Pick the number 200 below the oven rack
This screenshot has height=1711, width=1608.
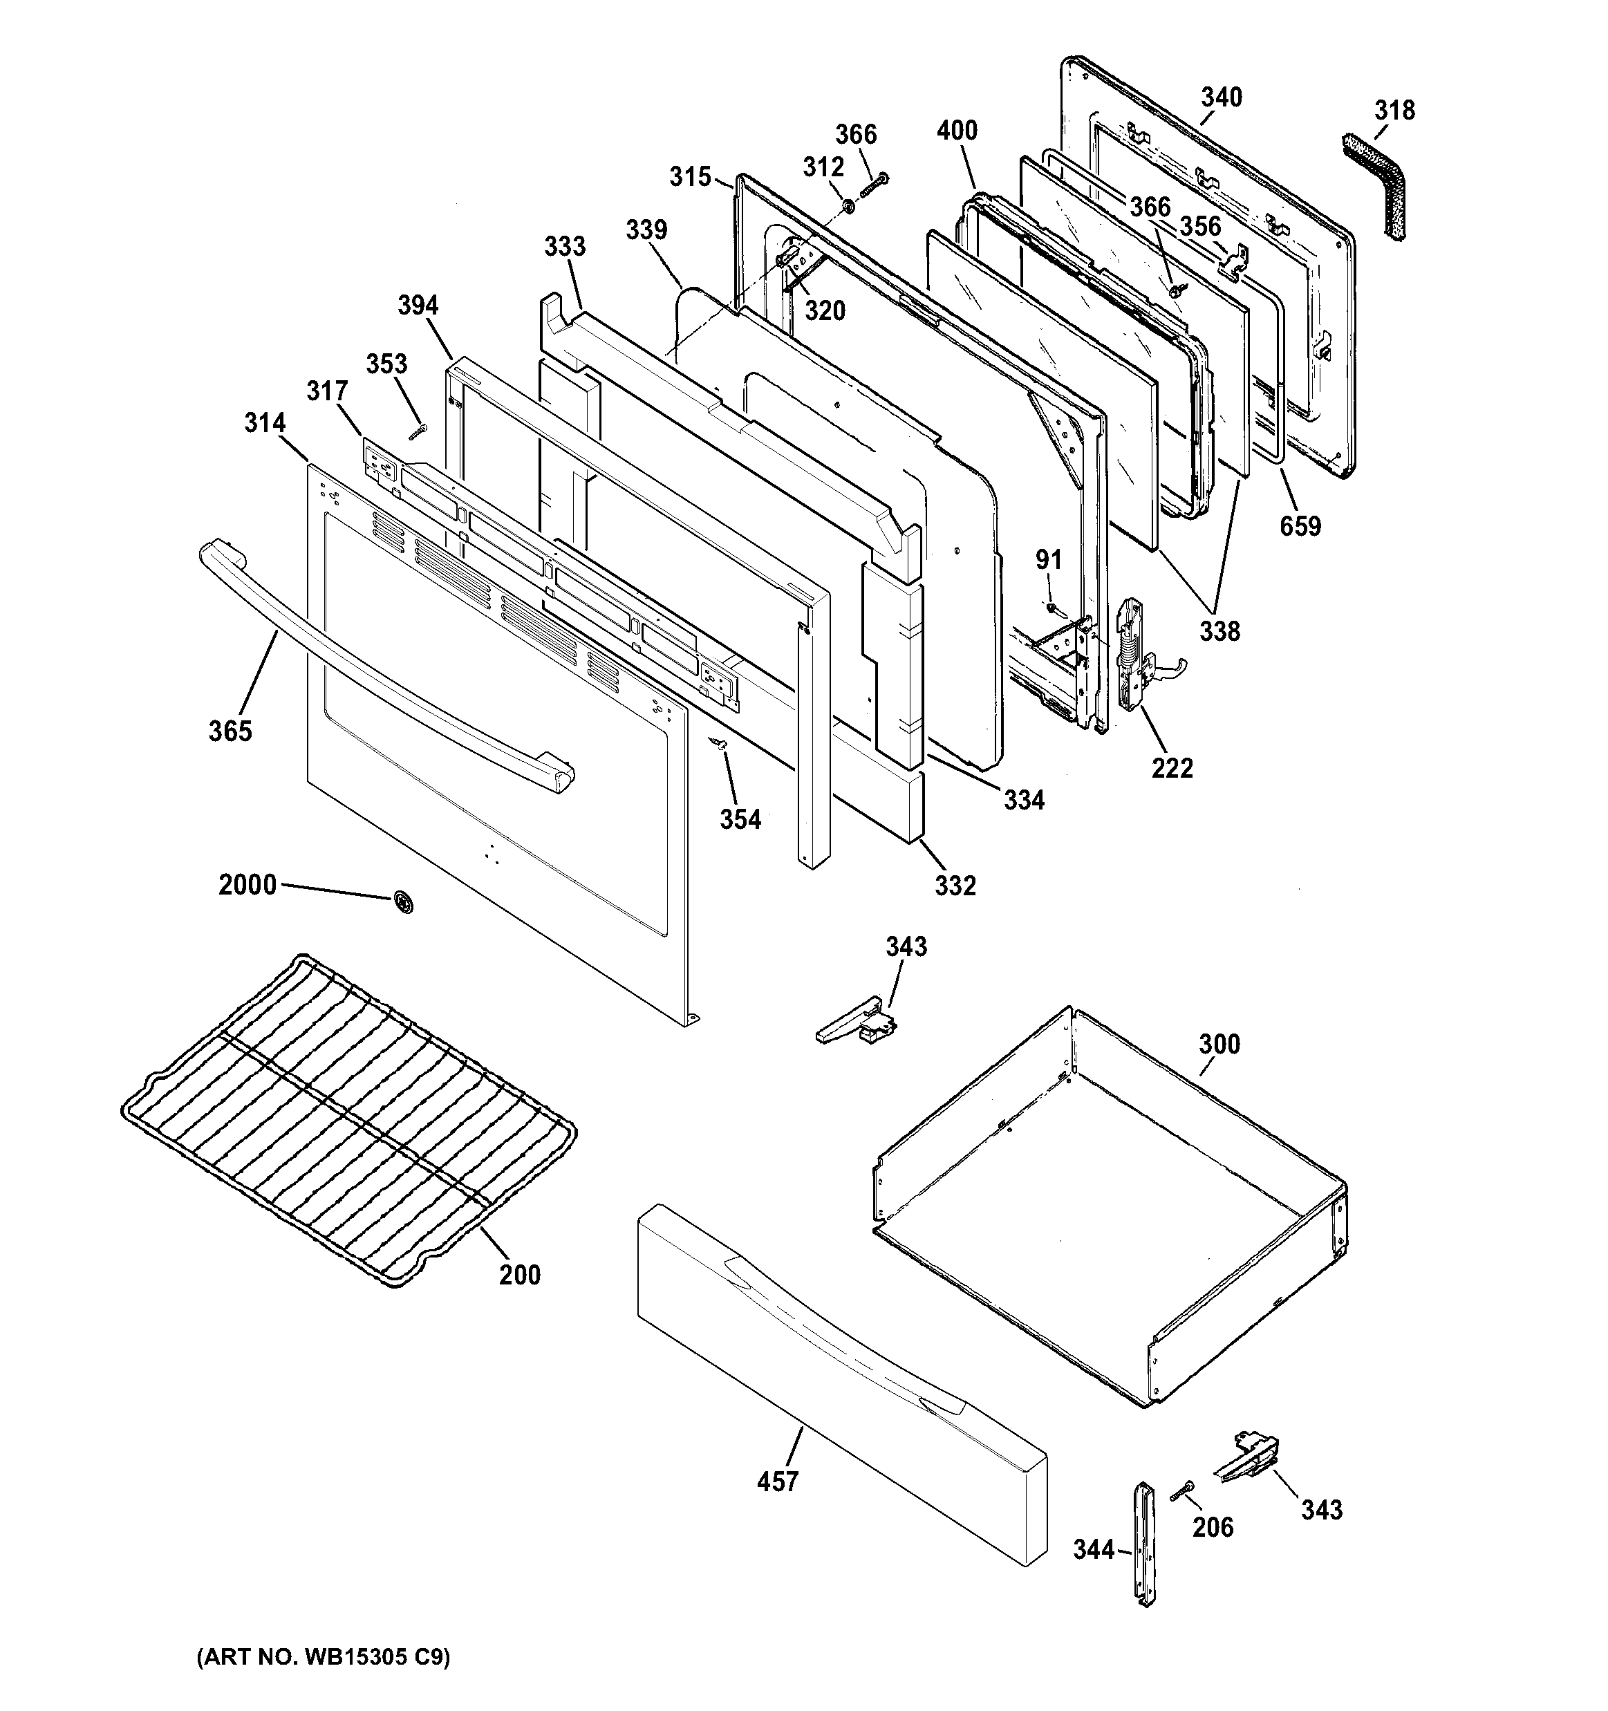coord(519,1275)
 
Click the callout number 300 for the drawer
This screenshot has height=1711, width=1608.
coord(1219,1044)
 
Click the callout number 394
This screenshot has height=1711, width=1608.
coord(418,305)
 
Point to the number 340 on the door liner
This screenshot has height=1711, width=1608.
coord(1222,97)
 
